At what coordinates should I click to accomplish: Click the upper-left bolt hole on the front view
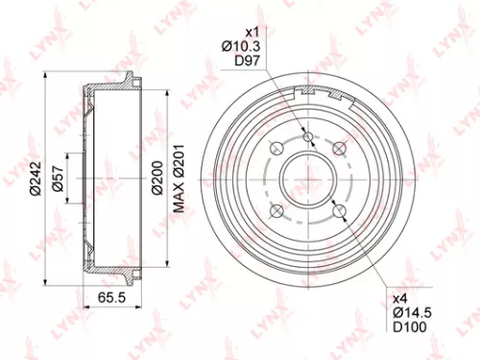tap(276, 149)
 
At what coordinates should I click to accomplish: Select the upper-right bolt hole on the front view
tap(338, 149)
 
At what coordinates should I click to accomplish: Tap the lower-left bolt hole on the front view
tap(276, 210)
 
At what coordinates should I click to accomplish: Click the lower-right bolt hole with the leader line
tap(338, 210)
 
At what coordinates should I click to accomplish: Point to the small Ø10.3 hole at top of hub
tap(307, 137)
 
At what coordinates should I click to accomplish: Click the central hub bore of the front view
tap(307, 180)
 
